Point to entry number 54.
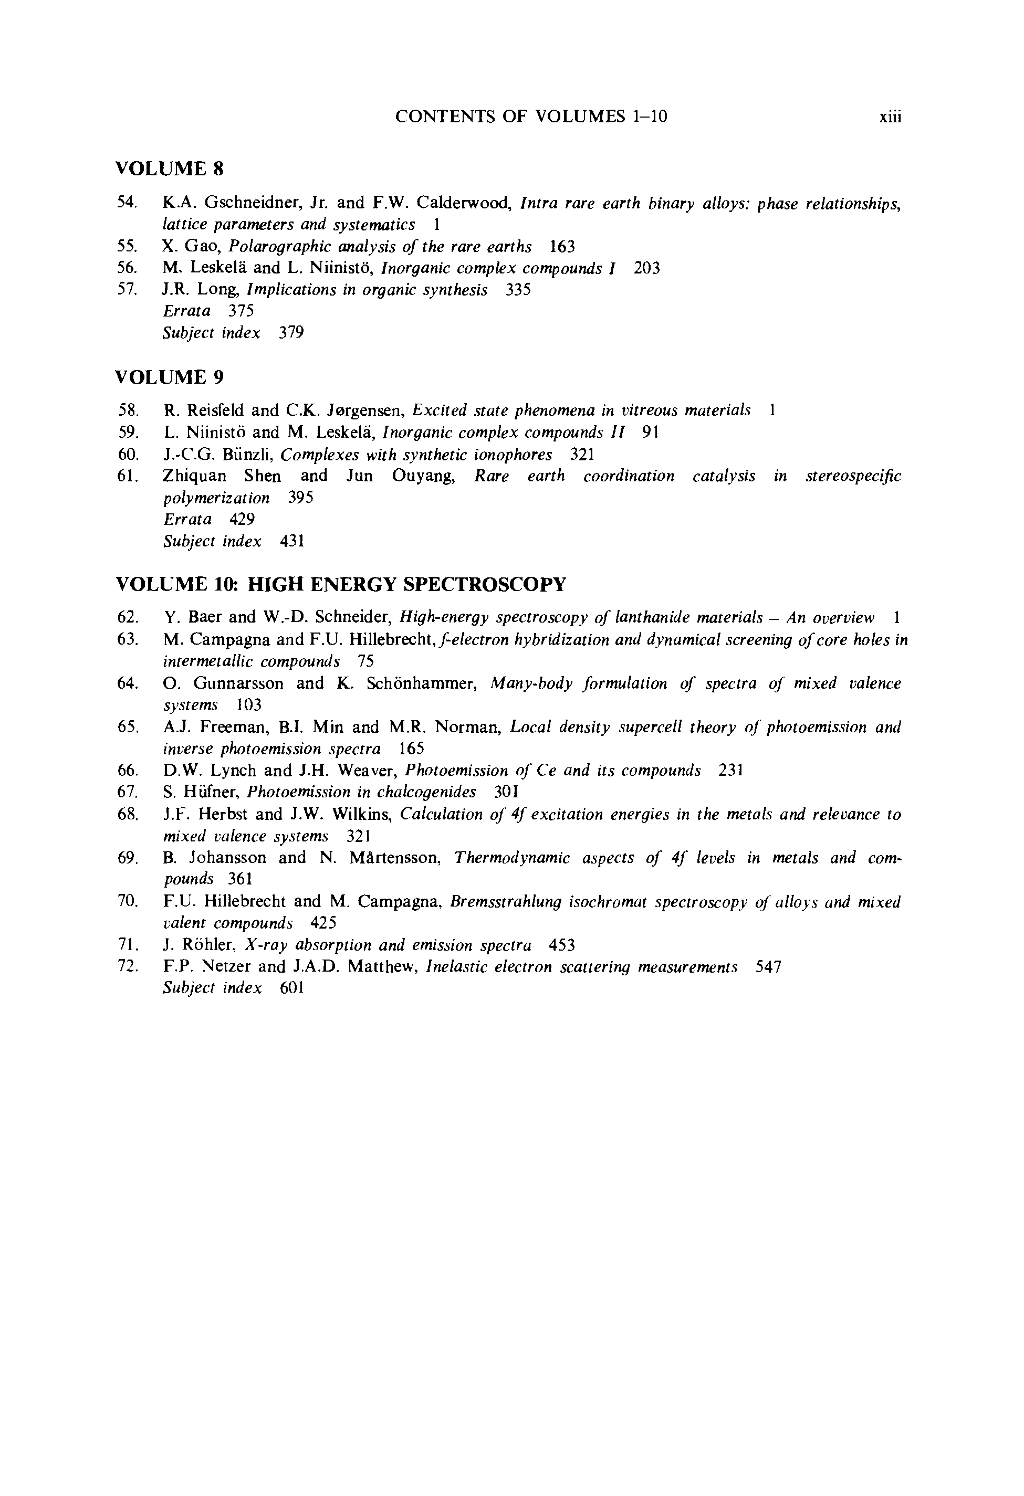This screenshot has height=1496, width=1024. pos(127,203)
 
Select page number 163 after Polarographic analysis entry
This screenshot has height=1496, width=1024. pos(562,247)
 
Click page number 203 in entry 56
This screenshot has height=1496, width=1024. pos(646,268)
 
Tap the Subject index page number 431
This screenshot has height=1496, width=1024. pos(292,541)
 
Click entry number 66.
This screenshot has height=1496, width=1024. pos(128,771)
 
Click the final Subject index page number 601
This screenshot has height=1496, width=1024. pos(292,988)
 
